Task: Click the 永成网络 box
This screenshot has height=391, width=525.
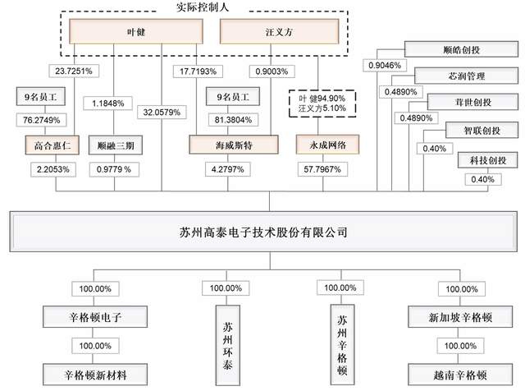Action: pyautogui.click(x=322, y=145)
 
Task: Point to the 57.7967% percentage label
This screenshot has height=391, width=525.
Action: pyautogui.click(x=322, y=170)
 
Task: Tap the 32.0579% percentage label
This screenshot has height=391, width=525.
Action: pyautogui.click(x=161, y=113)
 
